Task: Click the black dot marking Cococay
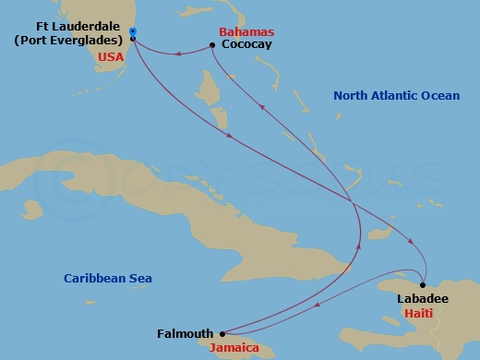click(x=212, y=44)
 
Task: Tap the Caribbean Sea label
click(x=107, y=278)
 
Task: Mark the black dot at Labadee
click(x=423, y=285)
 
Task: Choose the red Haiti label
click(x=421, y=314)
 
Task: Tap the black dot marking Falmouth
click(x=222, y=334)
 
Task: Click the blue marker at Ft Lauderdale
click(x=133, y=32)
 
